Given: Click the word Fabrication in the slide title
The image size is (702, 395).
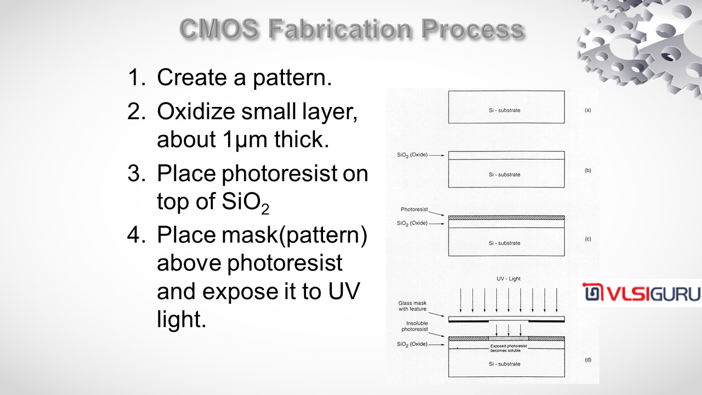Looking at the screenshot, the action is (339, 29).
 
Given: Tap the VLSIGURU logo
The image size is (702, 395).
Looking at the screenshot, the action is (642, 292).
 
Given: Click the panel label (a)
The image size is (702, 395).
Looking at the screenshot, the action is (588, 110).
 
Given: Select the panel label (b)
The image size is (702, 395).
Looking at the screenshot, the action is (588, 171).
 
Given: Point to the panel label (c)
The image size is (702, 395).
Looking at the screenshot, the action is (588, 239).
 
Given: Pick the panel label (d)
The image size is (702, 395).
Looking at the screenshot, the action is (588, 359).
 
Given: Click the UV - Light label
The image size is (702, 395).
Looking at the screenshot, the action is (508, 279).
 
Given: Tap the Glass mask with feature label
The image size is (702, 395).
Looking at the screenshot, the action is (412, 306).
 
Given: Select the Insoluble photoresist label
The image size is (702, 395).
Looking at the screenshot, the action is (415, 326).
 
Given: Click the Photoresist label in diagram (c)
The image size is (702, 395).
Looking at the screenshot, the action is (414, 210).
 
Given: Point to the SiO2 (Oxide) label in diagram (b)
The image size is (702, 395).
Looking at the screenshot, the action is (412, 155).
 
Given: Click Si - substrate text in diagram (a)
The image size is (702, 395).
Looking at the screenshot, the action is (505, 110).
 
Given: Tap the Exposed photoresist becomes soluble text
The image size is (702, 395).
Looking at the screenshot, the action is (508, 348).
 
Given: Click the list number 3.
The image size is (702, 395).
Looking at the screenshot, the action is (136, 173).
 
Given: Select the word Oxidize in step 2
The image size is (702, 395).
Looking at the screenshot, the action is (196, 111).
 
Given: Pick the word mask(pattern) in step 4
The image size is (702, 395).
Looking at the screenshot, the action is (295, 235).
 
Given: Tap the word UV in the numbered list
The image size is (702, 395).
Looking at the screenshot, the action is (344, 291).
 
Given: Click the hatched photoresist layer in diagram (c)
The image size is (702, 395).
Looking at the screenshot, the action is (506, 218).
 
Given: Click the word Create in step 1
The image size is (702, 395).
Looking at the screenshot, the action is (192, 77).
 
